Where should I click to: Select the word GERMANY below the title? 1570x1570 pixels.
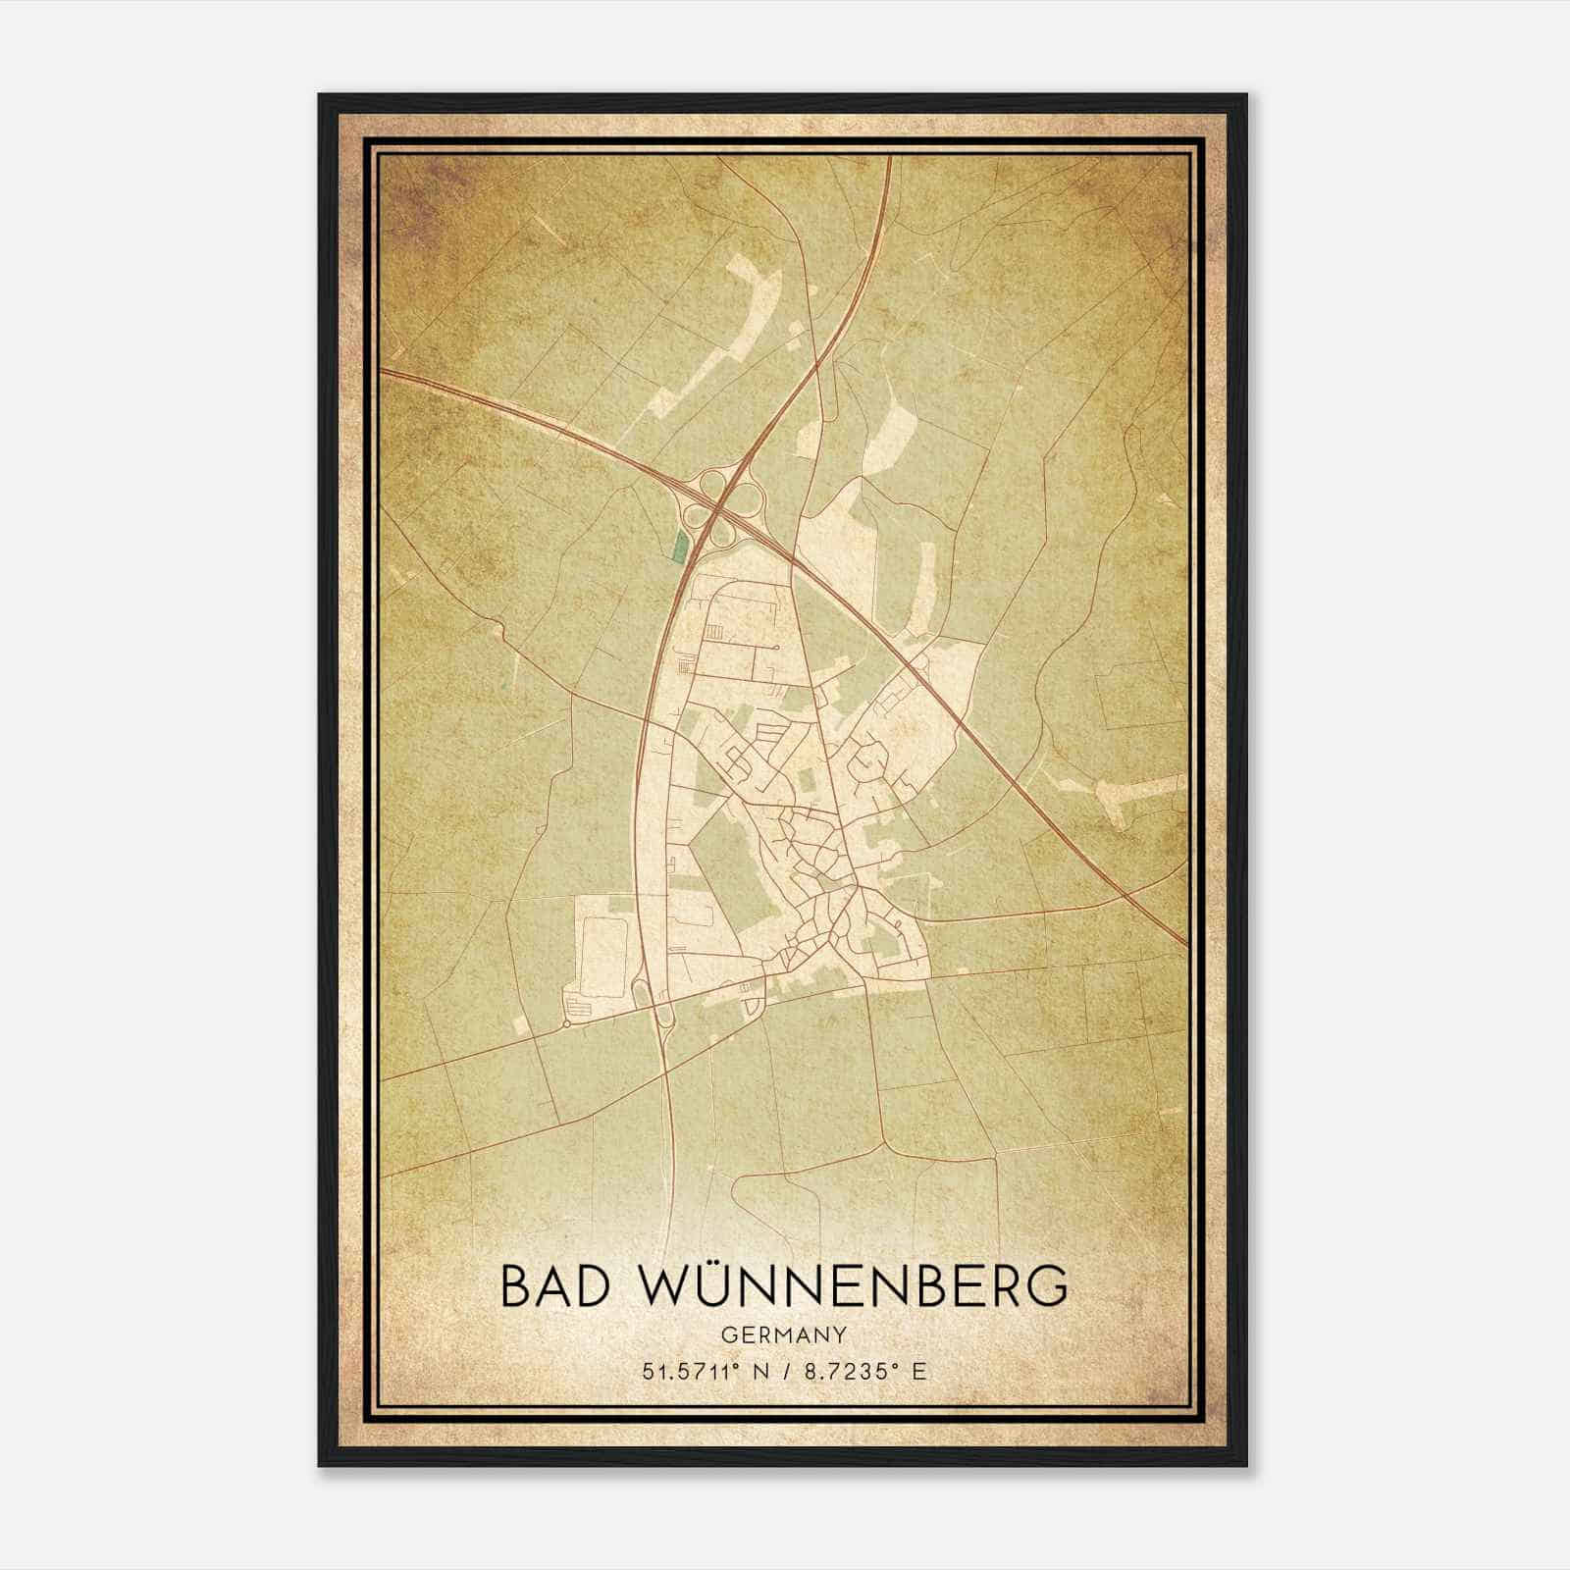point(784,1335)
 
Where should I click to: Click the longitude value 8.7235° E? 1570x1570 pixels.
point(863,1372)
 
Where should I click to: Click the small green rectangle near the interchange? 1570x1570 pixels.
point(678,548)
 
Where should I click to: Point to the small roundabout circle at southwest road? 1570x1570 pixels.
point(566,1024)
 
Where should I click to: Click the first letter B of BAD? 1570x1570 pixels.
point(515,1286)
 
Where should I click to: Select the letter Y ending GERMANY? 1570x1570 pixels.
point(840,1335)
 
